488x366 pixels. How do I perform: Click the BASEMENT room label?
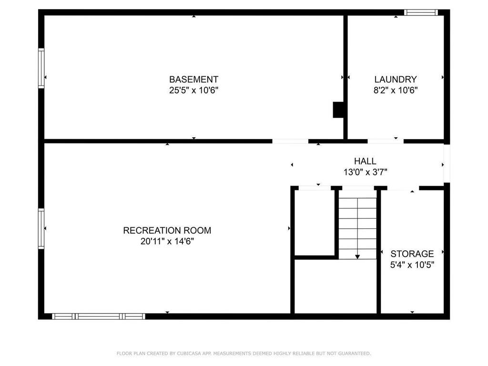pyautogui.click(x=193, y=80)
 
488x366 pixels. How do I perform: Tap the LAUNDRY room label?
pyautogui.click(x=396, y=80)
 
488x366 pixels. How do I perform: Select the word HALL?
pyautogui.click(x=365, y=162)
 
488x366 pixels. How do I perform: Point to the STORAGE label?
pyautogui.click(x=412, y=254)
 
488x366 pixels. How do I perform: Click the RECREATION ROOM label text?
pyautogui.click(x=167, y=231)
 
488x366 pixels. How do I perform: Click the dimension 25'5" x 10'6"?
pyautogui.click(x=193, y=91)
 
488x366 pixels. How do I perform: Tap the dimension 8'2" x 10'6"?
pyautogui.click(x=396, y=91)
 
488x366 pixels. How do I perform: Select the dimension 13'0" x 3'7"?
pyautogui.click(x=365, y=173)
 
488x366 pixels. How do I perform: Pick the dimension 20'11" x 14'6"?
pyautogui.click(x=167, y=242)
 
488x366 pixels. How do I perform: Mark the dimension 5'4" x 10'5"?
pyautogui.click(x=412, y=265)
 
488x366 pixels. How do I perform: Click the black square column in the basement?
pyautogui.click(x=338, y=110)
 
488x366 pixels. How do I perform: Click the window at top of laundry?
pyautogui.click(x=420, y=12)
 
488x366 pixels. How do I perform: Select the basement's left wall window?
pyautogui.click(x=41, y=68)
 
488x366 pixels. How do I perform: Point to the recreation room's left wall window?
pyautogui.click(x=41, y=229)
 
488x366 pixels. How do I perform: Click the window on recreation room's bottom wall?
pyautogui.click(x=99, y=316)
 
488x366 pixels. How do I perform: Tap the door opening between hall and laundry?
pyautogui.click(x=385, y=141)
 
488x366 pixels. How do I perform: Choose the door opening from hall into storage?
pyautogui.click(x=403, y=188)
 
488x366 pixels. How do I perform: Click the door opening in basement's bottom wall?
pyautogui.click(x=290, y=141)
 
